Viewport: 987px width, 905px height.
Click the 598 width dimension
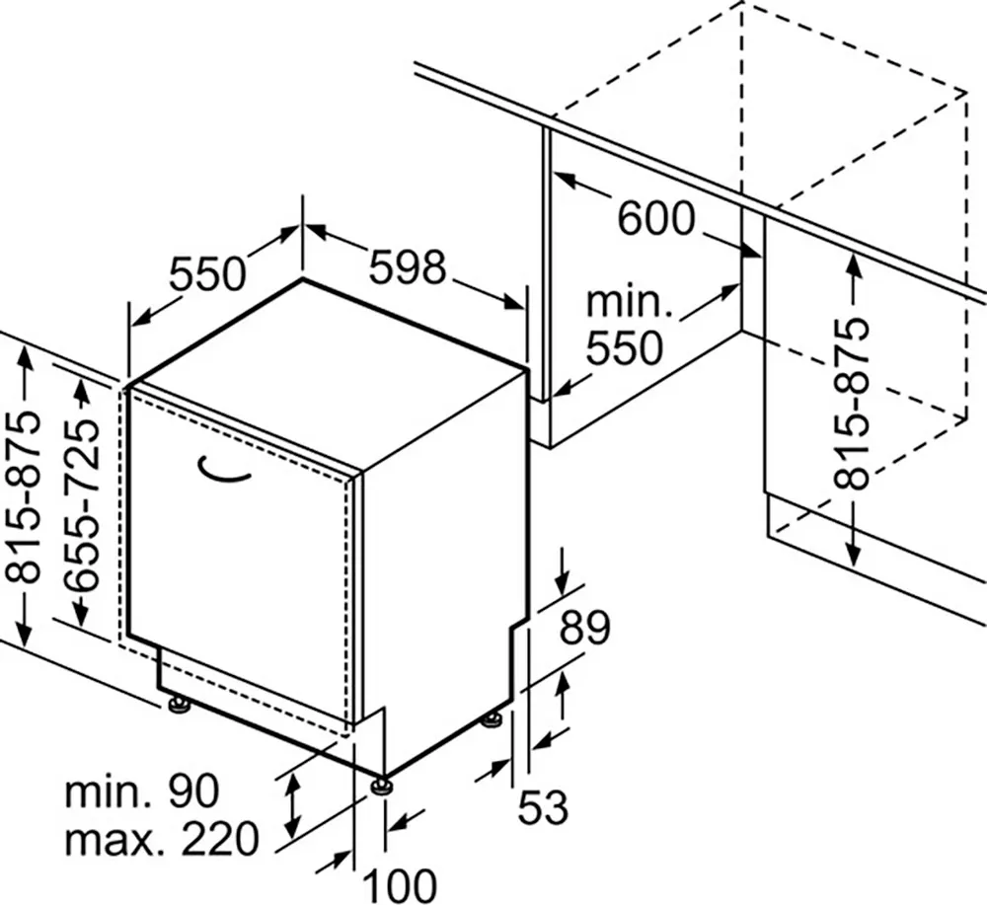(408, 266)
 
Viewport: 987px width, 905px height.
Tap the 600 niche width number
(656, 218)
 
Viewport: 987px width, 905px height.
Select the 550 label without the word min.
(207, 273)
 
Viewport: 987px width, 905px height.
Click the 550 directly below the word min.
(625, 347)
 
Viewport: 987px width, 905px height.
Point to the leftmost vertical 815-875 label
(23, 497)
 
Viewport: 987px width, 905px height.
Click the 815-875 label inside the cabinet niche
(851, 404)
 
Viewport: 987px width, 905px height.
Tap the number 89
(584, 627)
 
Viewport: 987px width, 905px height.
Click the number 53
(543, 807)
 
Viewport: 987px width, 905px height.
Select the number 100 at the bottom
(401, 885)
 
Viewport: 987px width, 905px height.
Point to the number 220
(220, 838)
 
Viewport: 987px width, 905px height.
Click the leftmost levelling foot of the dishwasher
(179, 706)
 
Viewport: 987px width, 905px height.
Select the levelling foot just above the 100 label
(381, 787)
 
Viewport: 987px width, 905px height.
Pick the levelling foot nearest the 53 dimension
(492, 719)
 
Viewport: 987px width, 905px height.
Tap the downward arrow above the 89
(564, 570)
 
